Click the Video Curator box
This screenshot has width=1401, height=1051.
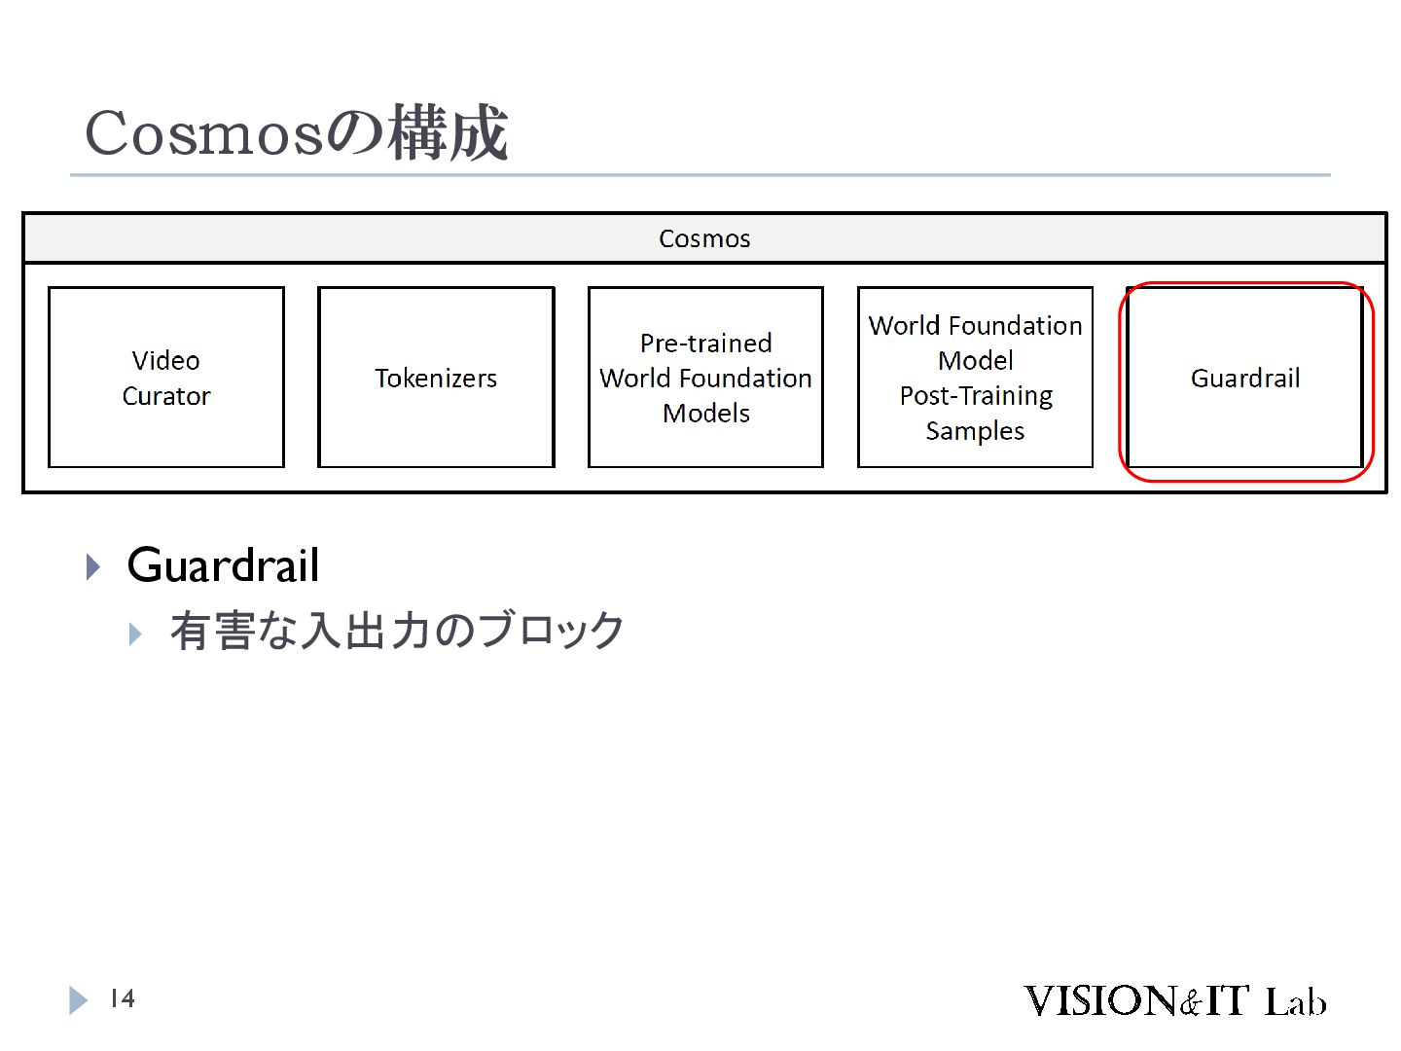(166, 378)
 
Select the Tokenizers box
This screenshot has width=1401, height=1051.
(436, 378)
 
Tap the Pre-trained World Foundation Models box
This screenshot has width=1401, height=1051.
(705, 378)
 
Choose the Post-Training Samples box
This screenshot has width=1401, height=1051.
(975, 378)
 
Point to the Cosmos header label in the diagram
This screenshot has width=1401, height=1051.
(704, 238)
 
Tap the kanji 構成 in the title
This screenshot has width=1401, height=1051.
(448, 133)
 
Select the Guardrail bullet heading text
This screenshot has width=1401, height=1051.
(223, 565)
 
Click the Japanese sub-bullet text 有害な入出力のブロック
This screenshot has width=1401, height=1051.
(397, 631)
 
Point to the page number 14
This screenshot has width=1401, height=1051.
(122, 998)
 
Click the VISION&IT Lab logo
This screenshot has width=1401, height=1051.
(1174, 1000)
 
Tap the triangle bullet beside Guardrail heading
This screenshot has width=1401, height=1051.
(93, 566)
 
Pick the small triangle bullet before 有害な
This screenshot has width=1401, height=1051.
(135, 634)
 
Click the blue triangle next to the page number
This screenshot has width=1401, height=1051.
(78, 999)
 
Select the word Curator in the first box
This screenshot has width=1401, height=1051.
(166, 396)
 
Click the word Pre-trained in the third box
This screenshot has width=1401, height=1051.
(705, 343)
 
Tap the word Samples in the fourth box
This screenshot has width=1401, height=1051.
(975, 431)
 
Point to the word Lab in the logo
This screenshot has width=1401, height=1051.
(1295, 1001)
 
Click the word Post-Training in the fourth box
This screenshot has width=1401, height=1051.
(976, 396)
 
